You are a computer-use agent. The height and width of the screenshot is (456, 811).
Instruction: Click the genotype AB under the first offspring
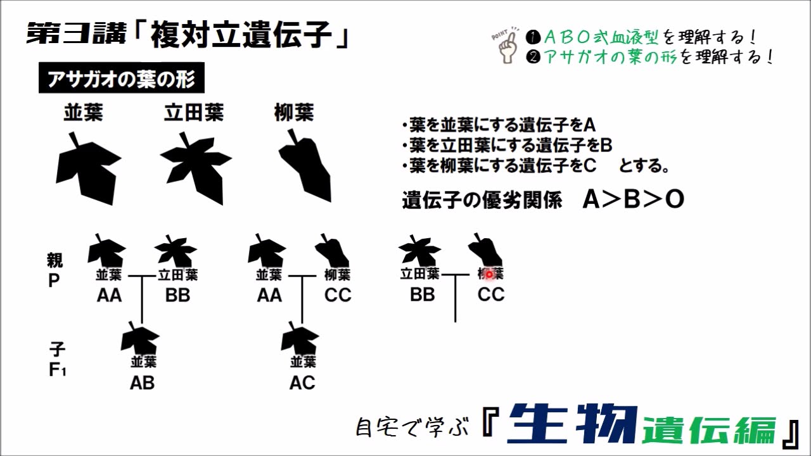[x=142, y=383]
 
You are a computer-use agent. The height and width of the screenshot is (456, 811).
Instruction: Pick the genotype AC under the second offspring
[x=302, y=383]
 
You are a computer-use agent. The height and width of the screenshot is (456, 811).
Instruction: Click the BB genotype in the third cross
[x=422, y=295]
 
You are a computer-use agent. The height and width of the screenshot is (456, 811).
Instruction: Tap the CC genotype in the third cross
[x=491, y=295]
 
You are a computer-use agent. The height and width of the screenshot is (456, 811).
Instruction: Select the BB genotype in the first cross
[x=177, y=296]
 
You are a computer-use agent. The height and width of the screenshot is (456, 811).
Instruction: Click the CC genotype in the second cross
[x=338, y=296]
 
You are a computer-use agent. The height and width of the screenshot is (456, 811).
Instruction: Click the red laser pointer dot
[x=489, y=274]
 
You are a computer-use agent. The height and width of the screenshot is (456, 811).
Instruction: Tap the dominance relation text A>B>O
[x=633, y=200]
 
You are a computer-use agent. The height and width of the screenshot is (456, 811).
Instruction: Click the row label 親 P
[x=55, y=270]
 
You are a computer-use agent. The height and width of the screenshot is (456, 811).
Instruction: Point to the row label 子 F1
[x=57, y=359]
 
